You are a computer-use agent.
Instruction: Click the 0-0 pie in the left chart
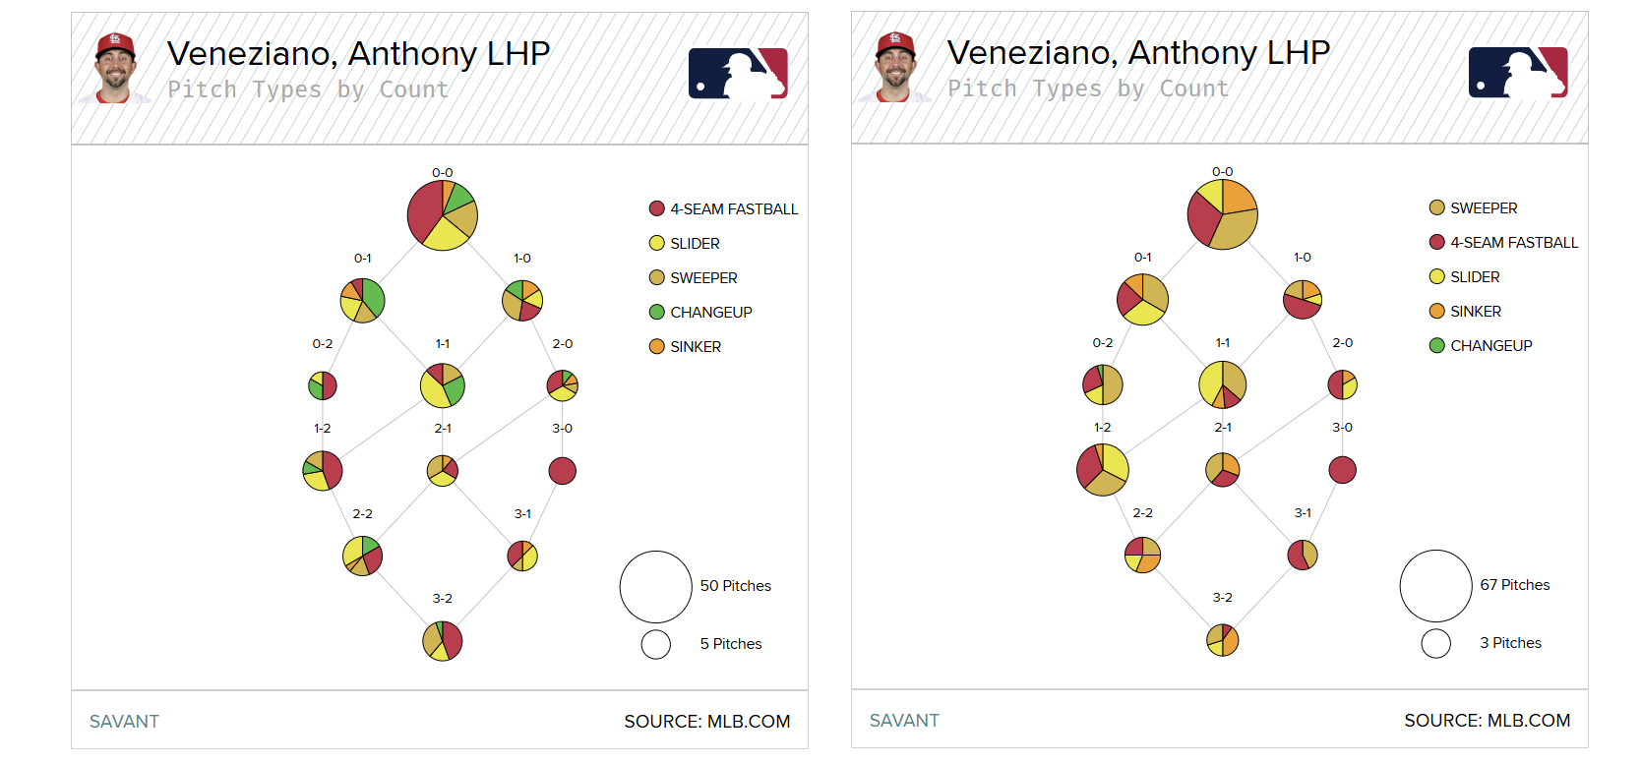(x=443, y=215)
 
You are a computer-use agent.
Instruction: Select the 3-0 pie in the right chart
(x=1342, y=470)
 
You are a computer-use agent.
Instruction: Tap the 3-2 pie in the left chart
(x=443, y=641)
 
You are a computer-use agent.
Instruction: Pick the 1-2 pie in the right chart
(x=1103, y=469)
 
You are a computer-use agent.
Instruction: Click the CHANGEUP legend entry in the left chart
(x=710, y=313)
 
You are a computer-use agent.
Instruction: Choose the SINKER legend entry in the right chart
(x=1475, y=312)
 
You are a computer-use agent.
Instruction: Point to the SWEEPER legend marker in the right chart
(x=1437, y=207)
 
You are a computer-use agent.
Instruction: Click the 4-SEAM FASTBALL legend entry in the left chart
(x=733, y=209)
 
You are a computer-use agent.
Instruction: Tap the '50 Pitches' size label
(x=735, y=586)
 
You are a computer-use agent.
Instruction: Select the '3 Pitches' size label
(x=1510, y=643)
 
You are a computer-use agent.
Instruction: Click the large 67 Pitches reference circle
(x=1435, y=586)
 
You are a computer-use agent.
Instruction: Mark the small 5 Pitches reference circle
(x=656, y=644)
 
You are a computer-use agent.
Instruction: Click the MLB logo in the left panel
(x=738, y=74)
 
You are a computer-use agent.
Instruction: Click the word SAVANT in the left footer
(x=124, y=722)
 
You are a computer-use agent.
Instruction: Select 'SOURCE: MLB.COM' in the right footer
(x=1487, y=721)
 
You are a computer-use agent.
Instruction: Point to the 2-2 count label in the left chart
(x=362, y=514)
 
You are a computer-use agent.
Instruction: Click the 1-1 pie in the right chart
(x=1222, y=384)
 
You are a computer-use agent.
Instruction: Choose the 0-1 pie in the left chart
(x=362, y=300)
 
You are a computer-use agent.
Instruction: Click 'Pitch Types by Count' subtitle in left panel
(x=308, y=89)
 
